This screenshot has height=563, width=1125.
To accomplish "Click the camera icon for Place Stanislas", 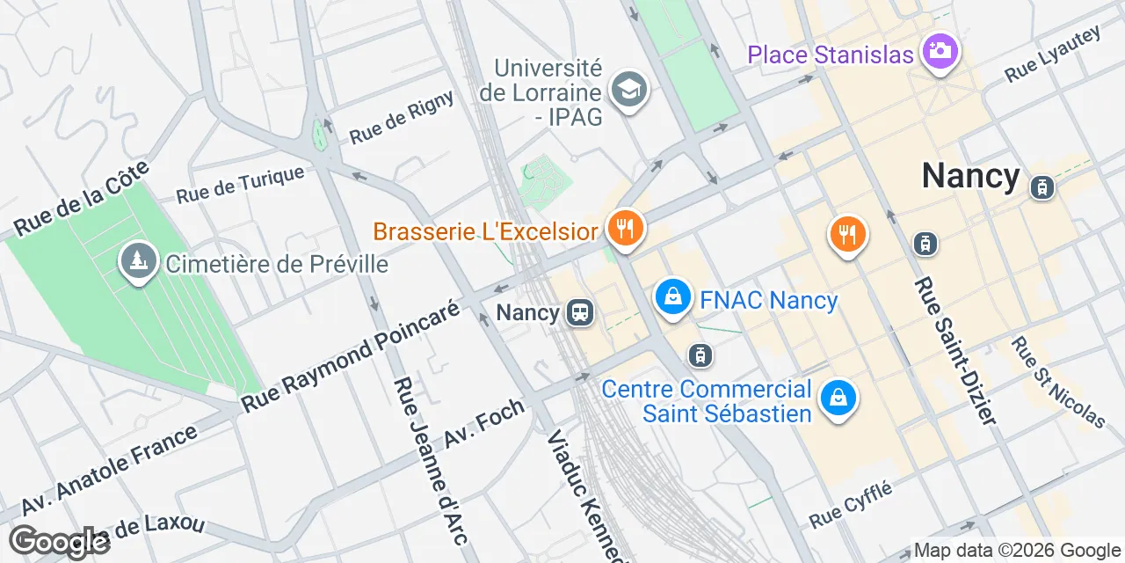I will (940, 50).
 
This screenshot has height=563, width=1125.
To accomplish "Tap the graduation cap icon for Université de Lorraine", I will (629, 89).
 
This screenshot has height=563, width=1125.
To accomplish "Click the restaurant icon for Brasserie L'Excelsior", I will (626, 230).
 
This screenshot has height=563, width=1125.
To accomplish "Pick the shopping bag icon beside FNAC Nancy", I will (672, 297).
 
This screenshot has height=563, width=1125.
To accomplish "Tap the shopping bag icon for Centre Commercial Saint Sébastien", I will (838, 398).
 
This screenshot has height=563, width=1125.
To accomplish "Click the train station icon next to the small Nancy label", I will (579, 312).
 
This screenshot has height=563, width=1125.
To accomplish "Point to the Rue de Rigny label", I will (402, 118).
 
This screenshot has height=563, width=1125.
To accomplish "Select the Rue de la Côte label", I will (82, 200).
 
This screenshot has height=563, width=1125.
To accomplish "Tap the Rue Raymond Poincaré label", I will (350, 357).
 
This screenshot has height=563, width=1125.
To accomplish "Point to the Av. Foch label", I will (484, 423).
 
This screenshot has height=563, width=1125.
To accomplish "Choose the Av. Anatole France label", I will (110, 471).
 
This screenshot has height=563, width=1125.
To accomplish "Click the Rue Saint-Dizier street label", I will (955, 352).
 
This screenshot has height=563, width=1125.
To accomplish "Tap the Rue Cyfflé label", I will (850, 504).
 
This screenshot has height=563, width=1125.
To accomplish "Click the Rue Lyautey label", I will (1052, 55).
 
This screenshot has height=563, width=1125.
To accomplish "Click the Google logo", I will (59, 543).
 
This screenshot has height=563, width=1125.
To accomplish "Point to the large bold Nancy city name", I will (970, 176).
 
